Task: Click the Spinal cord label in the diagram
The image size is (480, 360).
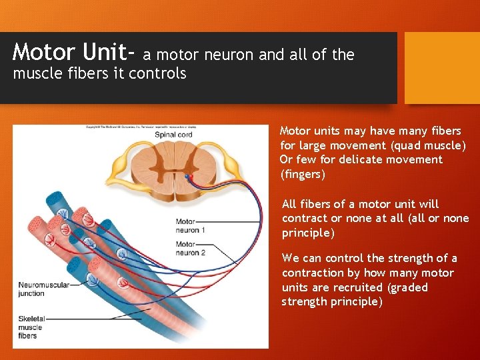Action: point(173,135)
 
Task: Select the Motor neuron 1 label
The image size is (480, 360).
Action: point(191,225)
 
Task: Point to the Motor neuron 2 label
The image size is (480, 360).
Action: point(191,249)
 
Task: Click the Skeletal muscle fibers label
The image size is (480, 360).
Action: point(30,327)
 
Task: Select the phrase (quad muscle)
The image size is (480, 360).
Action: point(427,145)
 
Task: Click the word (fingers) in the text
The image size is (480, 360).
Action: point(303,175)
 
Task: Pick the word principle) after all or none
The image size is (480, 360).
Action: point(308,233)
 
